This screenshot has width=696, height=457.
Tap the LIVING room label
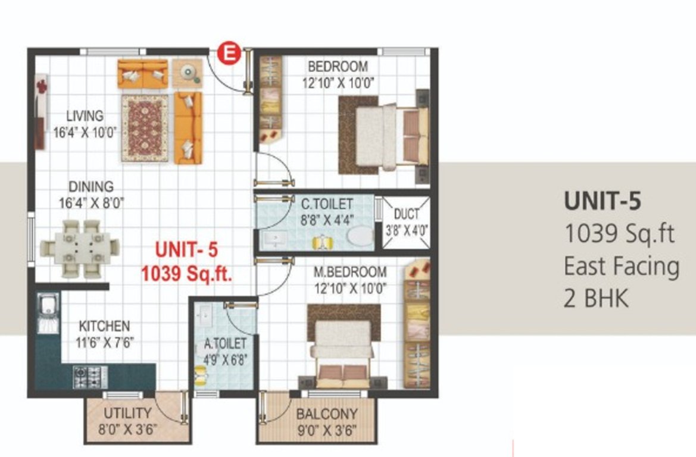point(85,116)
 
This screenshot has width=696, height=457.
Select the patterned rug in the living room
point(145,128)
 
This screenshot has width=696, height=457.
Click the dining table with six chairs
point(80,249)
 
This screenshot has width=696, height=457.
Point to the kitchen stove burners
point(90,377)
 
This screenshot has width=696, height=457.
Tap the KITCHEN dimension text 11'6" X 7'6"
point(105,343)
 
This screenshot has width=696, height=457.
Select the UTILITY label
point(127,413)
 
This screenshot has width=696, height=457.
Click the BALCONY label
point(327,414)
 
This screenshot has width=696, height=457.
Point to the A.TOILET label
point(225,343)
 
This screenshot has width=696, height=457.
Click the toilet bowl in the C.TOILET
point(360,236)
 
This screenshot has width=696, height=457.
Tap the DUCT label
point(407,214)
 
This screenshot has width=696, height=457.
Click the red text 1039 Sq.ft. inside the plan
point(187,274)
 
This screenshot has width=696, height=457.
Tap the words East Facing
point(622,267)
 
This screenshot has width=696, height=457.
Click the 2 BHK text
point(596,298)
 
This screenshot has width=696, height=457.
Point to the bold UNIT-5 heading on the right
point(603,201)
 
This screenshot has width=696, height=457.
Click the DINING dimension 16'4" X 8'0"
point(92,203)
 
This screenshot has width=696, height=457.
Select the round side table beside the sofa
point(188,73)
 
